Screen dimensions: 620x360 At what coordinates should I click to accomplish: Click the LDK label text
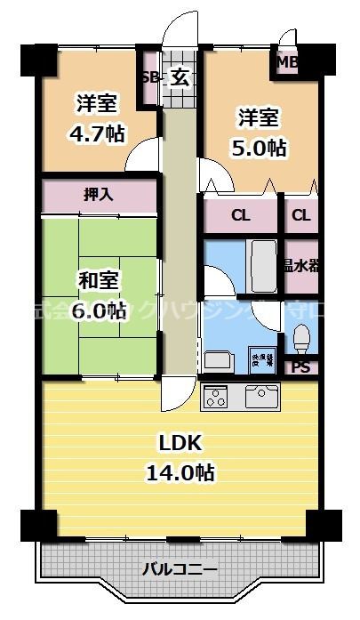click(x=181, y=443)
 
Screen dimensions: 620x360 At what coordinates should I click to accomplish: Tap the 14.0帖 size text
click(x=181, y=472)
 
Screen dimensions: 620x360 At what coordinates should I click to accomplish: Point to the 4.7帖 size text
click(x=97, y=134)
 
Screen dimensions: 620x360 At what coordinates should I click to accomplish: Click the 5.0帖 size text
click(x=260, y=148)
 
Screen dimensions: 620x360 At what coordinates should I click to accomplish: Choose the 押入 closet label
click(x=99, y=195)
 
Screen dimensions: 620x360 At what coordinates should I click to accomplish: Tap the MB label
click(x=288, y=62)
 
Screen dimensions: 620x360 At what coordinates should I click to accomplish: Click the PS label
click(x=300, y=366)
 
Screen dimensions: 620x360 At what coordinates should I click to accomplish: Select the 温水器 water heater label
click(x=301, y=266)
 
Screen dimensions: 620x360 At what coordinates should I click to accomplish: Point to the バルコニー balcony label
click(x=181, y=568)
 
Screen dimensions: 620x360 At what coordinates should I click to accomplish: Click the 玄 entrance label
click(x=180, y=77)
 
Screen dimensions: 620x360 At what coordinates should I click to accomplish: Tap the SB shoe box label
click(x=150, y=77)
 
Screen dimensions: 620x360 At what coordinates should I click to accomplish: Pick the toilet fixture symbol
click(x=301, y=339)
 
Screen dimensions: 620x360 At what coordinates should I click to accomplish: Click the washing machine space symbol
click(x=261, y=358)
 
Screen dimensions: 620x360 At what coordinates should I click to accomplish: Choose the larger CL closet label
click(x=240, y=215)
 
